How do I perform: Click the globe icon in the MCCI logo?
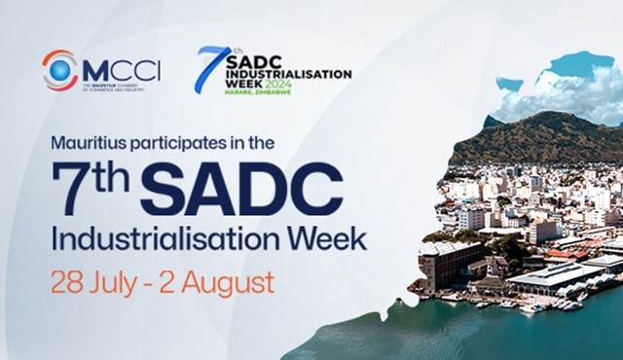59,70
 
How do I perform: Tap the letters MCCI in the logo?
121,70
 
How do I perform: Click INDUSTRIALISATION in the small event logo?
288,72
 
